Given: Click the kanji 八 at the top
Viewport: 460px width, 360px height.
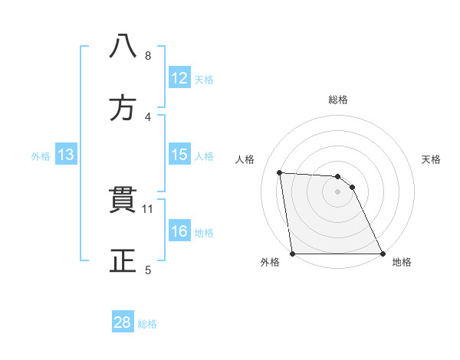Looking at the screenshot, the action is pyautogui.click(x=123, y=47).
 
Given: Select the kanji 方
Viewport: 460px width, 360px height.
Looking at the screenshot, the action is pyautogui.click(x=123, y=109).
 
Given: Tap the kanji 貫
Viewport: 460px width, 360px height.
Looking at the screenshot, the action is pyautogui.click(x=123, y=201).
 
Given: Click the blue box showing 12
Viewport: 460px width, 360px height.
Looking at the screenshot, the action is pyautogui.click(x=179, y=78).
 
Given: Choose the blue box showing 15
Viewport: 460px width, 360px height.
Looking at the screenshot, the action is pyautogui.click(x=179, y=155).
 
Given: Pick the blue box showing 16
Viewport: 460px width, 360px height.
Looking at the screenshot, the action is pyautogui.click(x=179, y=231).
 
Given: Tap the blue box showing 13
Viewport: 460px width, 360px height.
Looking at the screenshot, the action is pyautogui.click(x=66, y=155).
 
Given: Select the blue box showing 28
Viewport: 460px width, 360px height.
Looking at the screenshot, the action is pyautogui.click(x=123, y=322).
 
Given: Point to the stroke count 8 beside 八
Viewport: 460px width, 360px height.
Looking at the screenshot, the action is pyautogui.click(x=148, y=55).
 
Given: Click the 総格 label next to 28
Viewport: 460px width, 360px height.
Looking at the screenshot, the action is pyautogui.click(x=147, y=324).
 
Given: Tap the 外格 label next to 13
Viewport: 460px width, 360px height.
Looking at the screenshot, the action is pyautogui.click(x=41, y=156).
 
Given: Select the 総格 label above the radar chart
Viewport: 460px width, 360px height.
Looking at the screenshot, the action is pyautogui.click(x=338, y=100).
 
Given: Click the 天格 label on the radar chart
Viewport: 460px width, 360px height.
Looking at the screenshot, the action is pyautogui.click(x=432, y=159).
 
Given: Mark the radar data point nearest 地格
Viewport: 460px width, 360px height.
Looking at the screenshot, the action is pyautogui.click(x=383, y=254).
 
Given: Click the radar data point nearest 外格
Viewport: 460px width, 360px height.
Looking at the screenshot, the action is pyautogui.click(x=293, y=254).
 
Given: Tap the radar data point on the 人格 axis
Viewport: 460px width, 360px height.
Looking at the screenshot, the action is pyautogui.click(x=280, y=172).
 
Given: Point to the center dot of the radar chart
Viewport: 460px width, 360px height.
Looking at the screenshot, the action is pyautogui.click(x=338, y=191).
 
